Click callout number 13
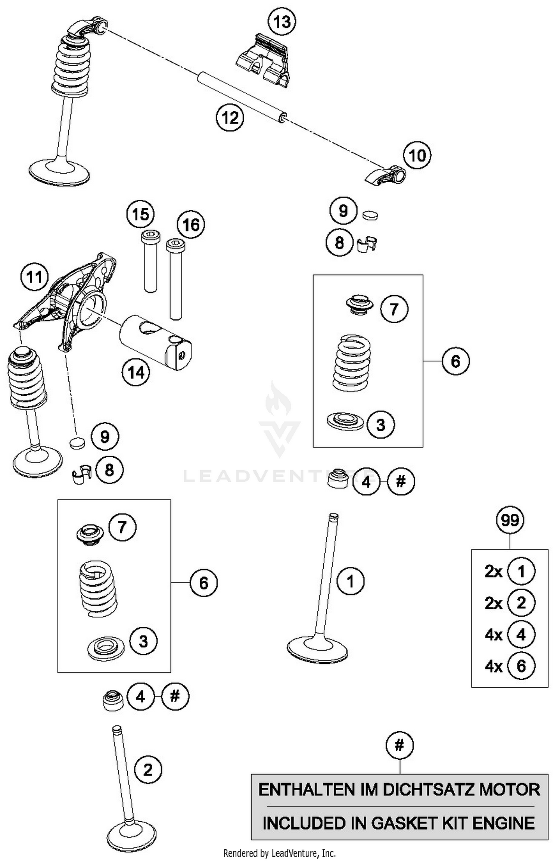coord(282,22)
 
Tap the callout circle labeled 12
coord(230,118)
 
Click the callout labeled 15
coord(140,214)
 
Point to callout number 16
coord(191,225)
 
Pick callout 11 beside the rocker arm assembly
coord(34,277)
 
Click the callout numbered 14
coord(136,372)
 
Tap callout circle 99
coord(510,520)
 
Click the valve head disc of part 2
coord(131,835)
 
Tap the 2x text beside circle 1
coord(494,572)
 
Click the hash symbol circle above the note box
coord(399,746)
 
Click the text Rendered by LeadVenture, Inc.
coord(279,853)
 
